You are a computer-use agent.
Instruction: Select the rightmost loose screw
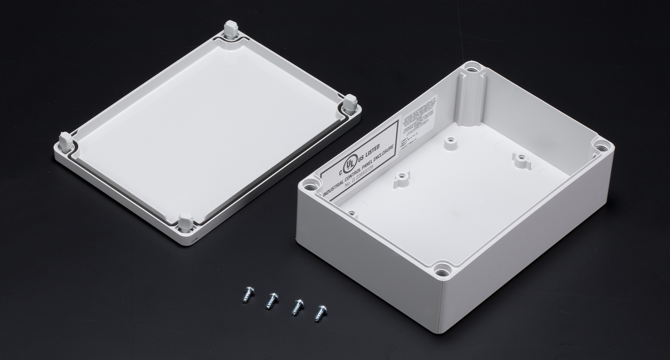point(319,313)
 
